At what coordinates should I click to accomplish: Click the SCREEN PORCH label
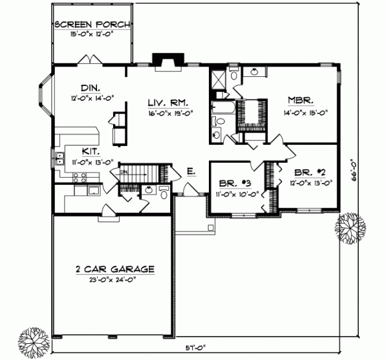pyautogui.click(x=93, y=25)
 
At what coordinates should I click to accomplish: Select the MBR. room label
pyautogui.click(x=301, y=101)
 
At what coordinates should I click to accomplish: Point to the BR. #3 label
pyautogui.click(x=231, y=183)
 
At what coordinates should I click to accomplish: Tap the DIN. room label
pyautogui.click(x=89, y=89)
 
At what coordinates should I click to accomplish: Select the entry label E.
pyautogui.click(x=191, y=171)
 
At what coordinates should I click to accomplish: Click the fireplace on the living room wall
pyautogui.click(x=165, y=59)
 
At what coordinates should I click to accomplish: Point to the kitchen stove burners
pyautogui.click(x=78, y=175)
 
